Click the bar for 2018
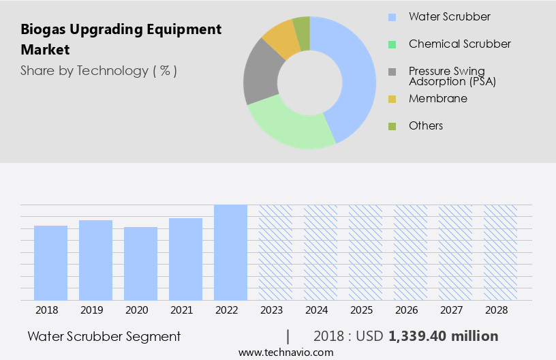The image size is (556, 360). pos(50,262)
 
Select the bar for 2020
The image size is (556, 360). pos(140,263)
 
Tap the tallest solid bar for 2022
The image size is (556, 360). pos(230,252)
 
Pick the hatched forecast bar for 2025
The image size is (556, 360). pos(365,252)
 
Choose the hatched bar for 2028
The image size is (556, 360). pos(500,252)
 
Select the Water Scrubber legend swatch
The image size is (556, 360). pos(392,17)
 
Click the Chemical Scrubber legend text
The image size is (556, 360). pos(459,44)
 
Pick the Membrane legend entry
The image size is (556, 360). pos(437,98)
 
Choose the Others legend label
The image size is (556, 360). pos(425,125)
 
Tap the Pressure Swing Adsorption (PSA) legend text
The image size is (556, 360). pos(451,76)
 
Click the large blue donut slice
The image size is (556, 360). pos(354,75)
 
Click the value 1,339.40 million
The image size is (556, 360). pos(443,336)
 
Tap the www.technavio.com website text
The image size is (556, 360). pos(285,352)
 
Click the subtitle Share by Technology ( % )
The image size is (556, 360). pos(98,70)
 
